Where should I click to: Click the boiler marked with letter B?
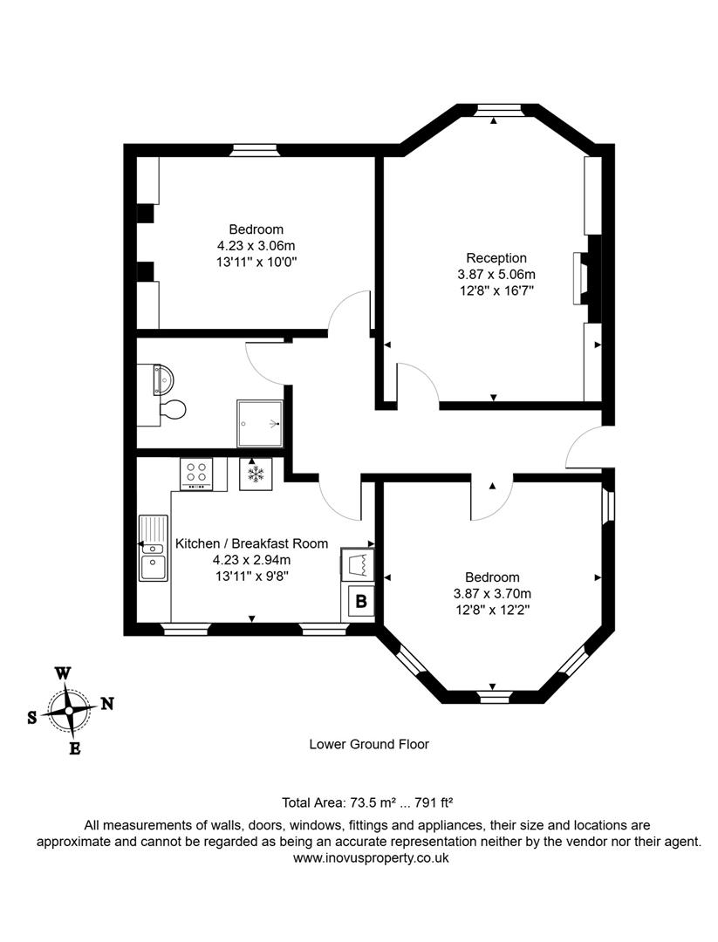click(x=360, y=601)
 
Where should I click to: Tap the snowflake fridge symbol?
click(x=256, y=474)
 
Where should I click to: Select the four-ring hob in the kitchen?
click(x=197, y=474)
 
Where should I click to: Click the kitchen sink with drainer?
click(x=153, y=547)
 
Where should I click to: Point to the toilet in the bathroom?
click(x=172, y=409)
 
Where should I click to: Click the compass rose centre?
click(x=68, y=709)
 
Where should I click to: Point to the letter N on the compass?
click(x=107, y=704)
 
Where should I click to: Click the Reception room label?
click(x=496, y=258)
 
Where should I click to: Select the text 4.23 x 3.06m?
click(x=256, y=245)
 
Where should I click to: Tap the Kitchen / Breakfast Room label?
click(x=252, y=543)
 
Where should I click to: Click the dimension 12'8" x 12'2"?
click(x=492, y=610)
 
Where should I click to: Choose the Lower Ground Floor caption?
click(x=369, y=744)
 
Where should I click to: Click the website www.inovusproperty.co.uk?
click(x=370, y=857)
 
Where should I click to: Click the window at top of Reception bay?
click(x=495, y=110)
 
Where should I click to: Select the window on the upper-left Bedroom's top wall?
click(x=255, y=150)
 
